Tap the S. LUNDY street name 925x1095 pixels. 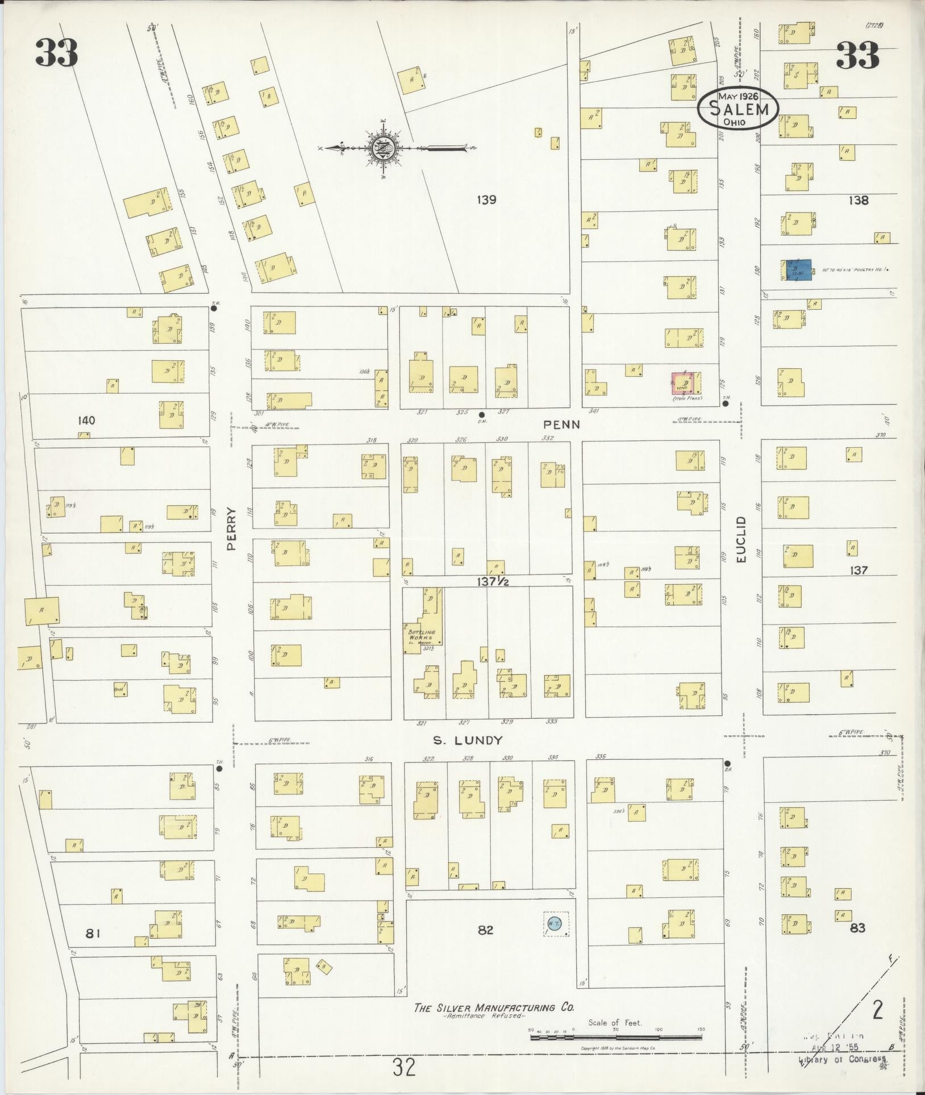point(468,740)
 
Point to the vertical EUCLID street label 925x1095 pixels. point(741,540)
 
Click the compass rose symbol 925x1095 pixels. point(379,149)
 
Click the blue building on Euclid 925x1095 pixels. point(795,270)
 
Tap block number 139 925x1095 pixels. point(487,200)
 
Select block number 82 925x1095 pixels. point(485,930)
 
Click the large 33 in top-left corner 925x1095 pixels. point(56,54)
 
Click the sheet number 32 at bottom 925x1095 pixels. point(403,1067)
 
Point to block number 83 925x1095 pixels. point(857,928)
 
